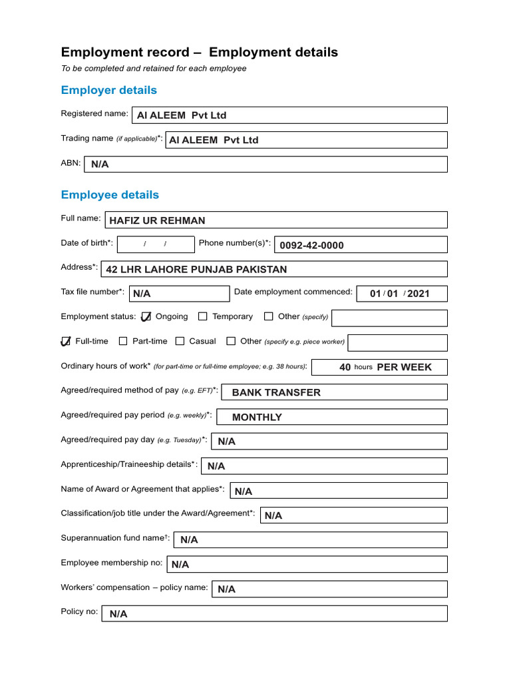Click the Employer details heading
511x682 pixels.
coord(109,90)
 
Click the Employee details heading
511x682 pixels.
coord(110,194)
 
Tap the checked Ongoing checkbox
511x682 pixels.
coord(146,317)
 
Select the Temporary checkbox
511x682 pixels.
coord(203,317)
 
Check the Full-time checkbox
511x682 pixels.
coord(65,342)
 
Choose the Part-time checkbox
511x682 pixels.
coord(123,342)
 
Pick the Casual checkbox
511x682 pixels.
coord(180,342)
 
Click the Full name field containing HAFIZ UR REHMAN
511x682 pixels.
coord(275,220)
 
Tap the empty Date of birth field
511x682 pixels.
coord(156,244)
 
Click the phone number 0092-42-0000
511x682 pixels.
coord(311,245)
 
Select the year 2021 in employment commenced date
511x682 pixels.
coord(419,294)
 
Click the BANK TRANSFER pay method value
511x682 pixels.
coord(276,392)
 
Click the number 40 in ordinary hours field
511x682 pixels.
coord(345,367)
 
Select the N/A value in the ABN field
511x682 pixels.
coord(100,164)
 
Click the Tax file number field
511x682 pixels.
coord(179,294)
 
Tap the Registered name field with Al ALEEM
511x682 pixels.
coord(289,115)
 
